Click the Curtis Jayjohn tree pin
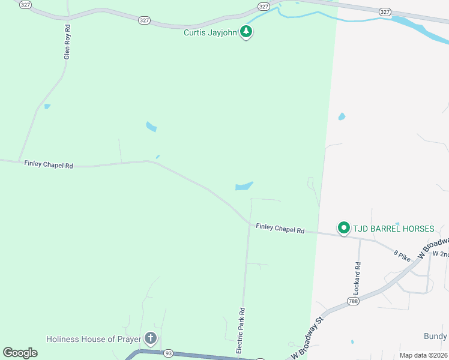click(246, 31)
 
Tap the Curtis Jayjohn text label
click(211, 32)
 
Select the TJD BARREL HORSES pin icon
click(343, 228)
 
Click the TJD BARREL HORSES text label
click(393, 229)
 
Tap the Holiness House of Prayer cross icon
click(150, 339)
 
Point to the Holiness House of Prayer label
click(94, 339)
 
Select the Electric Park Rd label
click(241, 331)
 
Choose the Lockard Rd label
click(358, 274)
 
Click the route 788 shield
click(353, 300)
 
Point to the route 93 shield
click(168, 353)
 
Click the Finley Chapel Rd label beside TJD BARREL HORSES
click(280, 228)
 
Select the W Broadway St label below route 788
click(308, 340)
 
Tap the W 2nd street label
click(441, 254)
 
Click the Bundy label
click(435, 336)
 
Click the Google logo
click(20, 353)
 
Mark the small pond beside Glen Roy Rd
click(47, 107)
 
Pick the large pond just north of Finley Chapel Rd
click(244, 186)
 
